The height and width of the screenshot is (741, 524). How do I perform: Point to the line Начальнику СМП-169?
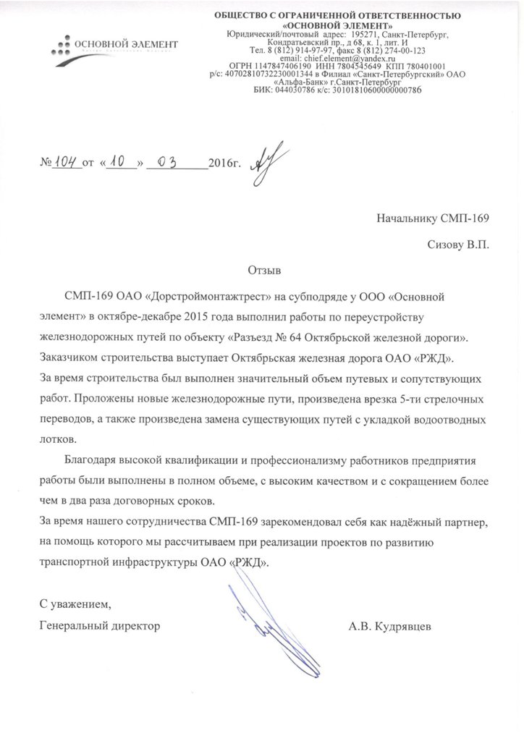(x=433, y=217)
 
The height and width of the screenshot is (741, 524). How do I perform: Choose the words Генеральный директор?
(x=98, y=624)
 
